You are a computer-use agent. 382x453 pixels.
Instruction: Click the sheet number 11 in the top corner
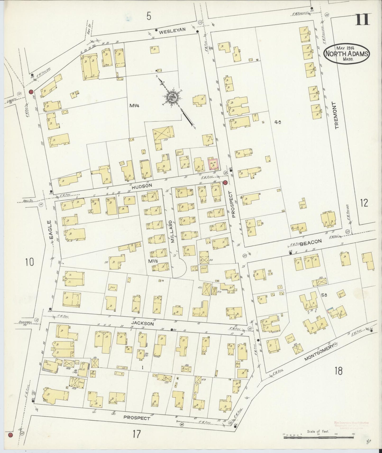point(363,19)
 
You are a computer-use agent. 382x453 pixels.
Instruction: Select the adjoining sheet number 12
point(364,203)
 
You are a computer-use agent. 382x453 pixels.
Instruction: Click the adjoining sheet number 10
point(30,262)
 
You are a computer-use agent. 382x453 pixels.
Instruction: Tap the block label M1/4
point(134,106)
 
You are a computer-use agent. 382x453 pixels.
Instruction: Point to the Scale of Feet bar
point(318,437)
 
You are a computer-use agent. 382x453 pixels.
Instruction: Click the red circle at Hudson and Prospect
point(225,182)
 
